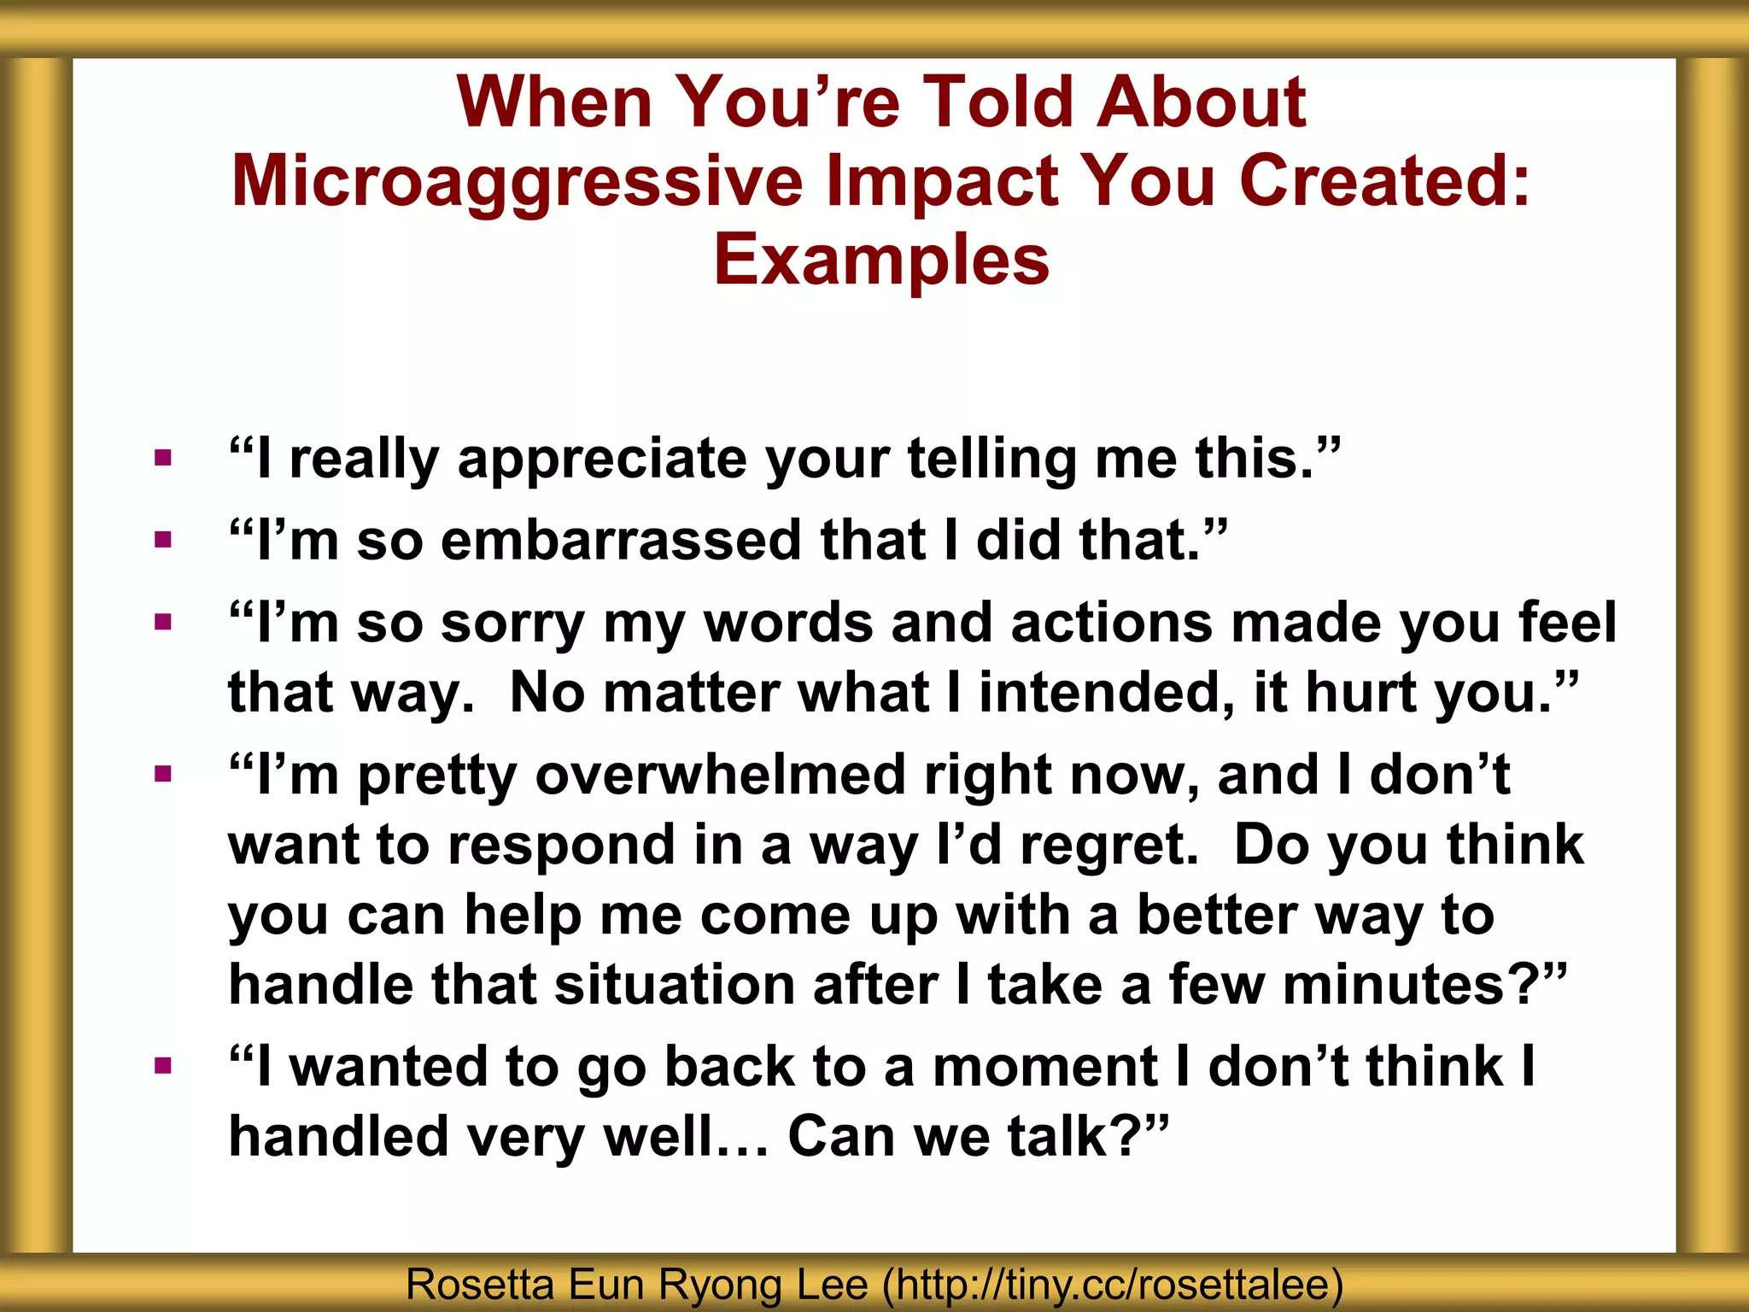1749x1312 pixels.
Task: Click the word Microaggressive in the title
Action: point(517,182)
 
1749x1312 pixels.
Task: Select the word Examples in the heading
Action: point(880,260)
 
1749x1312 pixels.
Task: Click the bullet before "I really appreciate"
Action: point(163,459)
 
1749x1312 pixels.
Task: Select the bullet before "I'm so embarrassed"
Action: point(163,540)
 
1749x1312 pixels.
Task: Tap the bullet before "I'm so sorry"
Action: point(163,622)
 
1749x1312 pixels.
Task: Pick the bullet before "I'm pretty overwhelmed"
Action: point(163,774)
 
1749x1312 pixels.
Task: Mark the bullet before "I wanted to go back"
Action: point(163,1065)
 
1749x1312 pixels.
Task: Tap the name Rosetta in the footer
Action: point(479,1284)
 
